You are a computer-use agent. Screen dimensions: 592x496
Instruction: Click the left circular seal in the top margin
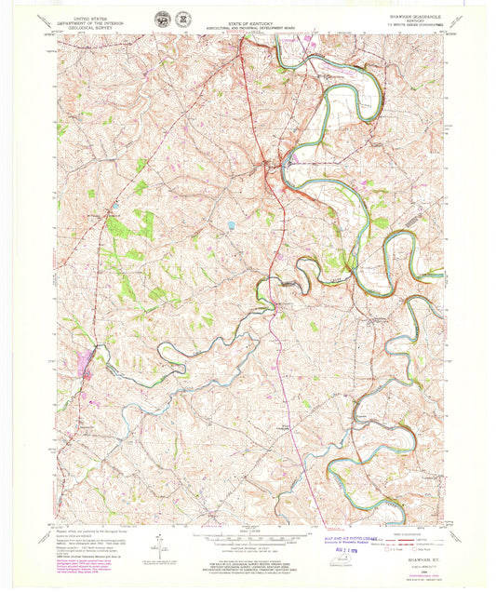click(x=163, y=19)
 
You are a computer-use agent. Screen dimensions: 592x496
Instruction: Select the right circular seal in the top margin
click(x=183, y=19)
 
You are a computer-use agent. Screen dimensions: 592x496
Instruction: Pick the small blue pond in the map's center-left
click(x=230, y=225)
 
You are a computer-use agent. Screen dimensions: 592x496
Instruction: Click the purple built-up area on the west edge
click(x=93, y=355)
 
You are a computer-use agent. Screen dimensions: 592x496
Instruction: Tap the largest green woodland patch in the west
click(x=118, y=225)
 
